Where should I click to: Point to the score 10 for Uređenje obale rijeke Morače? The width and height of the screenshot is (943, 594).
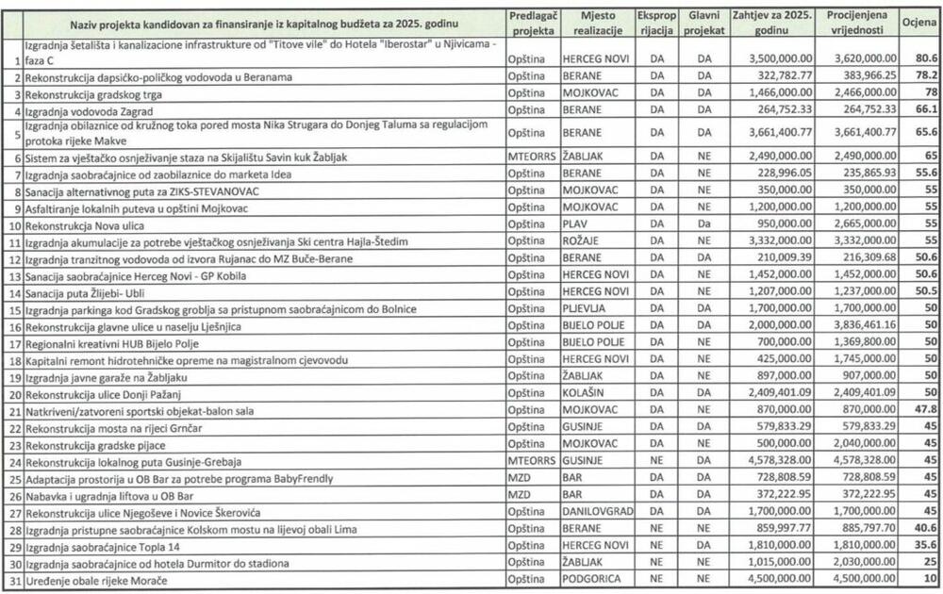pos(930,580)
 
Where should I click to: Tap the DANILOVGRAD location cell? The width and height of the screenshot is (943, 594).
pos(598,512)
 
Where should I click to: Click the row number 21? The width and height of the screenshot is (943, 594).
pos(14,411)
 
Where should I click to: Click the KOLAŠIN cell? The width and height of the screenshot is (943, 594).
pos(585,394)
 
